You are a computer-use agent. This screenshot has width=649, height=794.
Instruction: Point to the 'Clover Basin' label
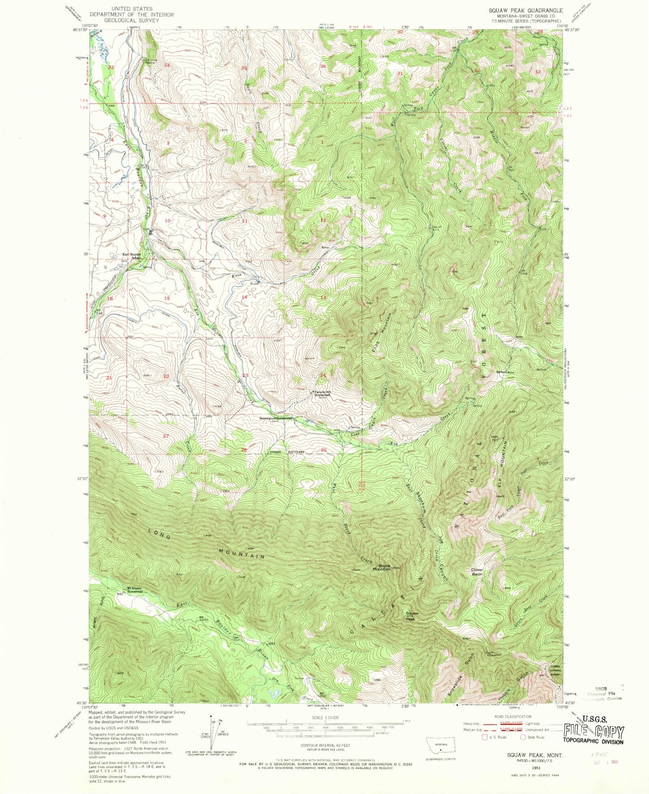coord(477,572)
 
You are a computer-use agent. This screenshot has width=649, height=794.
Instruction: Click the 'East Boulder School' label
coord(132,256)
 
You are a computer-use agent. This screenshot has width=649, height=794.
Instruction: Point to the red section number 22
coord(166,376)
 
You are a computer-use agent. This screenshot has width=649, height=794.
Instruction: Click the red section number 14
coord(244,297)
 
